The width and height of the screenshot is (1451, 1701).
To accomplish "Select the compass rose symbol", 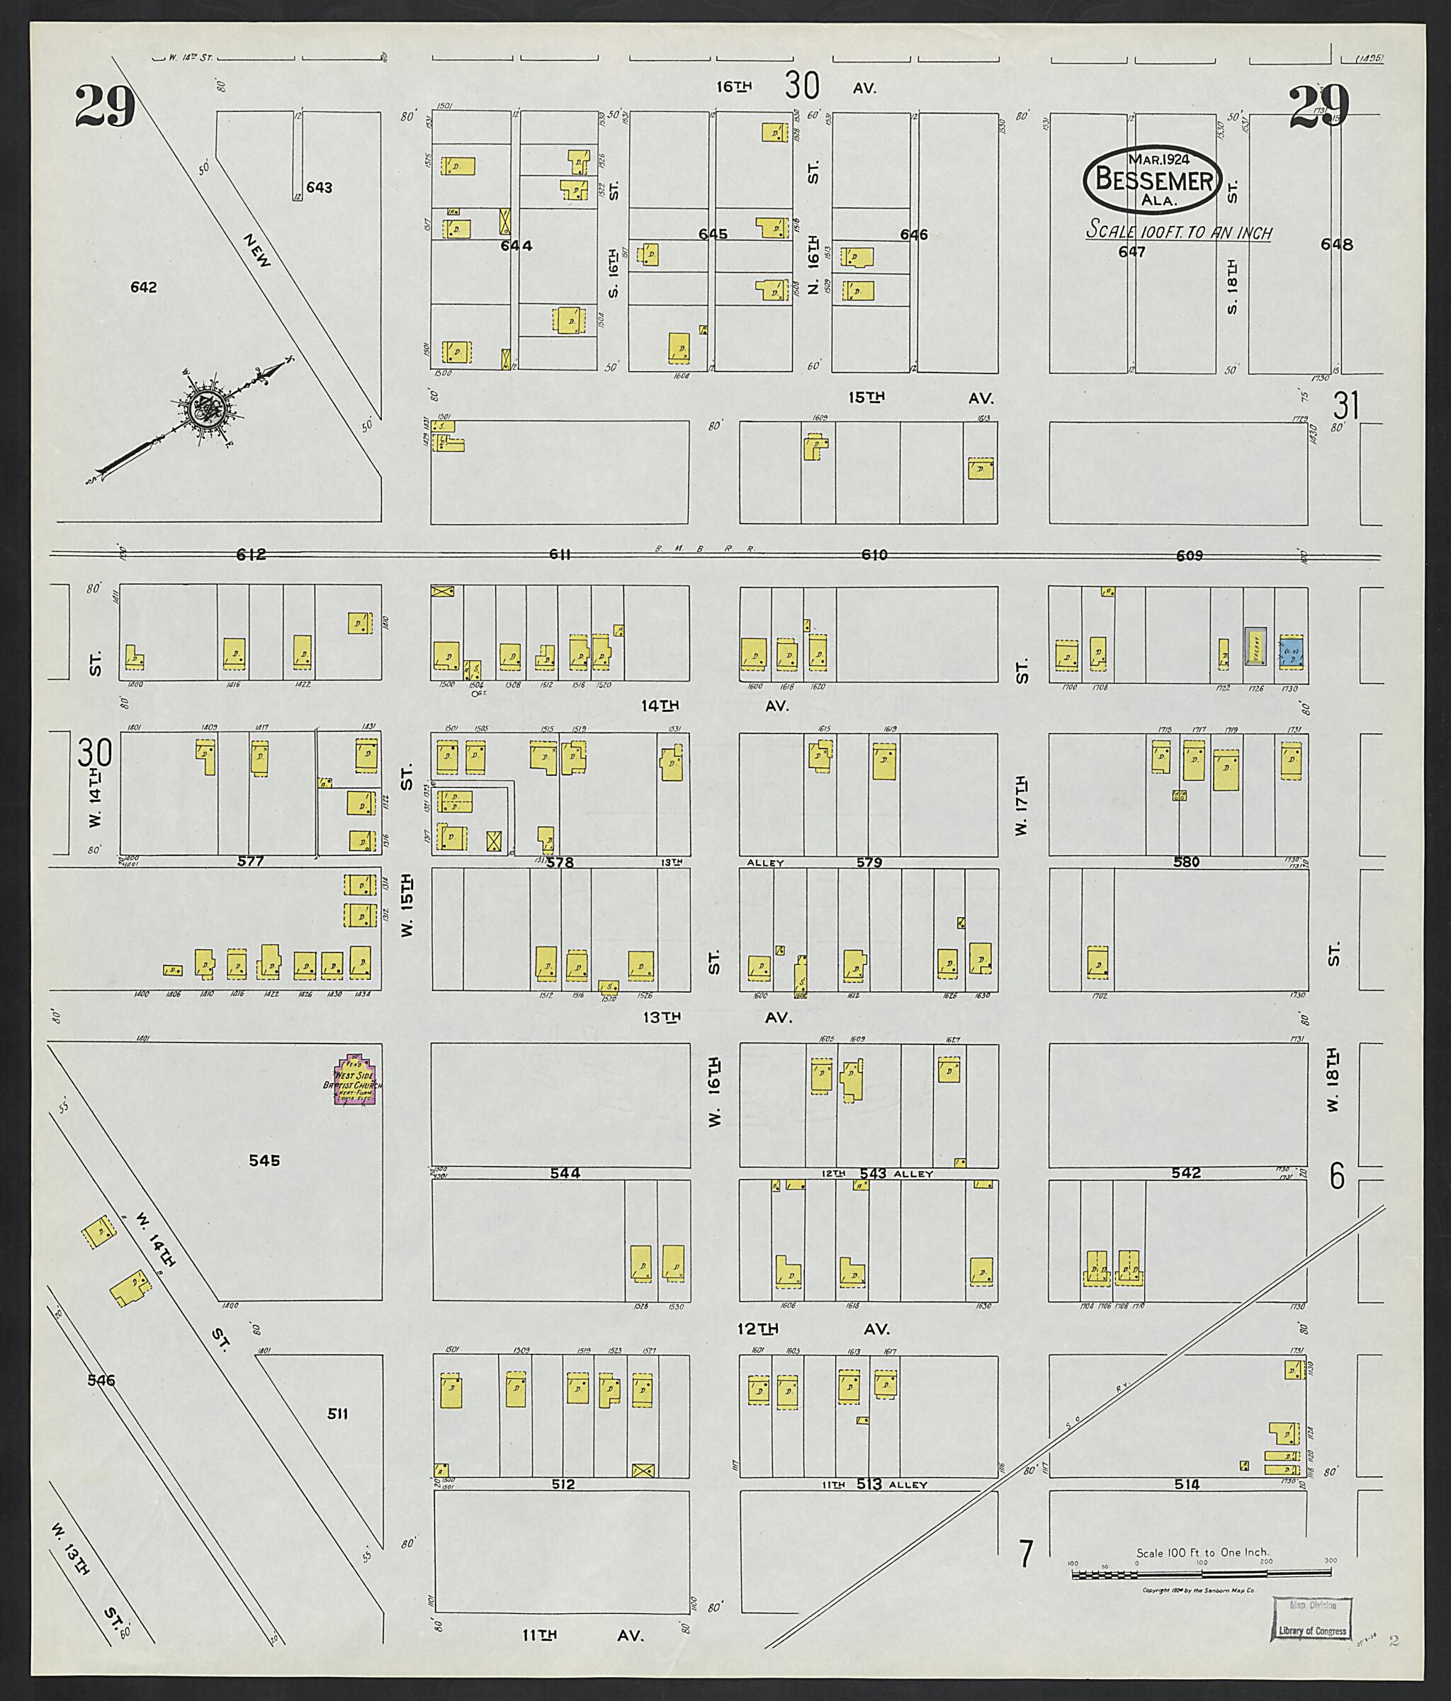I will click(201, 408).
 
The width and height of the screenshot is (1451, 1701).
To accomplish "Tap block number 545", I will click(264, 1160).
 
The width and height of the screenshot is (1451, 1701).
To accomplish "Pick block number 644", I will click(516, 244).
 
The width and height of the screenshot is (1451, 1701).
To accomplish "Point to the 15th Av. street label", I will click(920, 397).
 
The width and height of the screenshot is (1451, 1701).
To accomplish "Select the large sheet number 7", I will click(1024, 1553).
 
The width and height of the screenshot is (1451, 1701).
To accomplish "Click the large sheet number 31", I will click(1347, 405).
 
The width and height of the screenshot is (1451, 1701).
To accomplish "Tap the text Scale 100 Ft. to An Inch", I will click(1178, 232).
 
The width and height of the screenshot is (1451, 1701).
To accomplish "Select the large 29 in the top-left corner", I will click(104, 107).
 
